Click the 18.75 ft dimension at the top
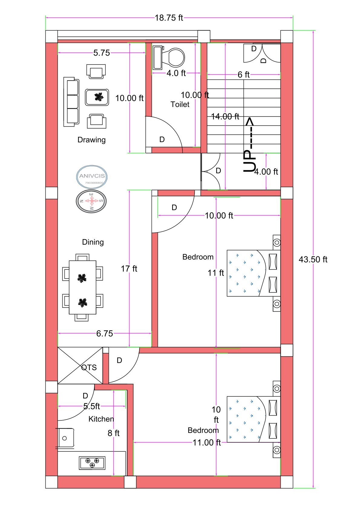[169, 18]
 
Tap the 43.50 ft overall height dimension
[313, 259]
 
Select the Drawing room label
[91, 140]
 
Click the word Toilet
[180, 104]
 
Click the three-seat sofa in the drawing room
[71, 102]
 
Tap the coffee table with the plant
[97, 97]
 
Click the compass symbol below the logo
[91, 201]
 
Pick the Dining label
[93, 242]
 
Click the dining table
[83, 287]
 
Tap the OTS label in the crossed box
[89, 367]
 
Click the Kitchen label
[101, 419]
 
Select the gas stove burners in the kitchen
[92, 462]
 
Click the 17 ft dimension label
[129, 268]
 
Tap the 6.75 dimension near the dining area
[104, 333]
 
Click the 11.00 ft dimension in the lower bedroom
[207, 443]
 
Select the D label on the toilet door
[162, 139]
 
